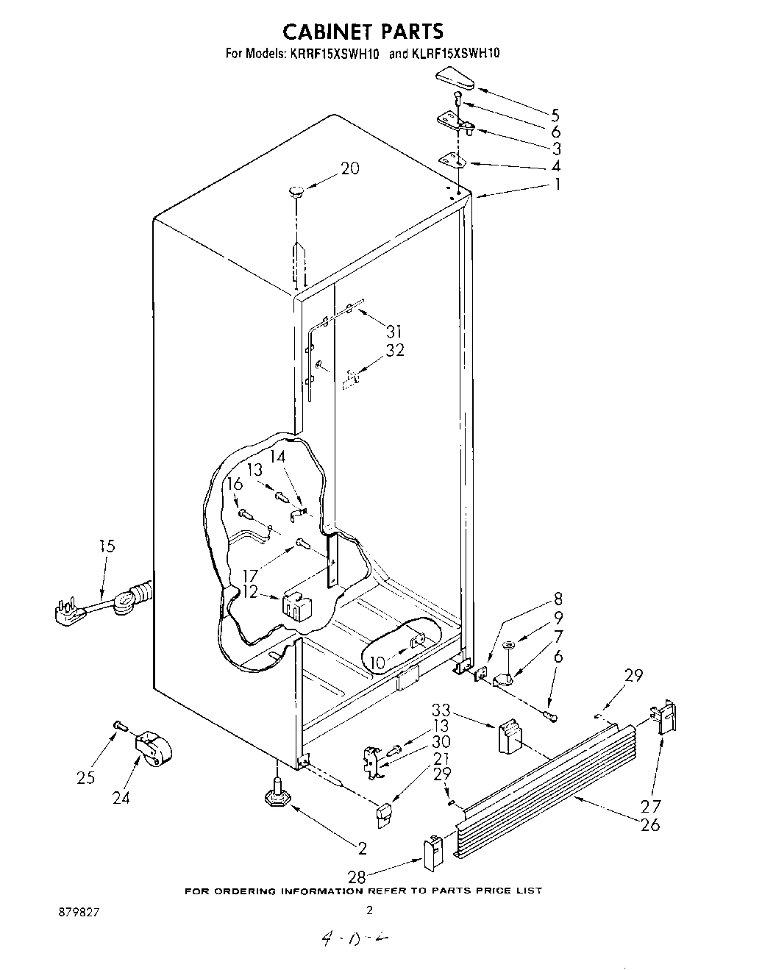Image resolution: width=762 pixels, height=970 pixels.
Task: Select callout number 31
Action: pyautogui.click(x=394, y=331)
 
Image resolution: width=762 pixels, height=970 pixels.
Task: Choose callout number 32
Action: pyautogui.click(x=395, y=350)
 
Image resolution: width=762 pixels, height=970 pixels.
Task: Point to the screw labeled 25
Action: pyautogui.click(x=120, y=727)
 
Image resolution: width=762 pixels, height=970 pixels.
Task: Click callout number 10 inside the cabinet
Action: pyautogui.click(x=377, y=663)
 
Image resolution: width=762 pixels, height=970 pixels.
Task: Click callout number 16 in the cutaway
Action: pyautogui.click(x=234, y=484)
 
